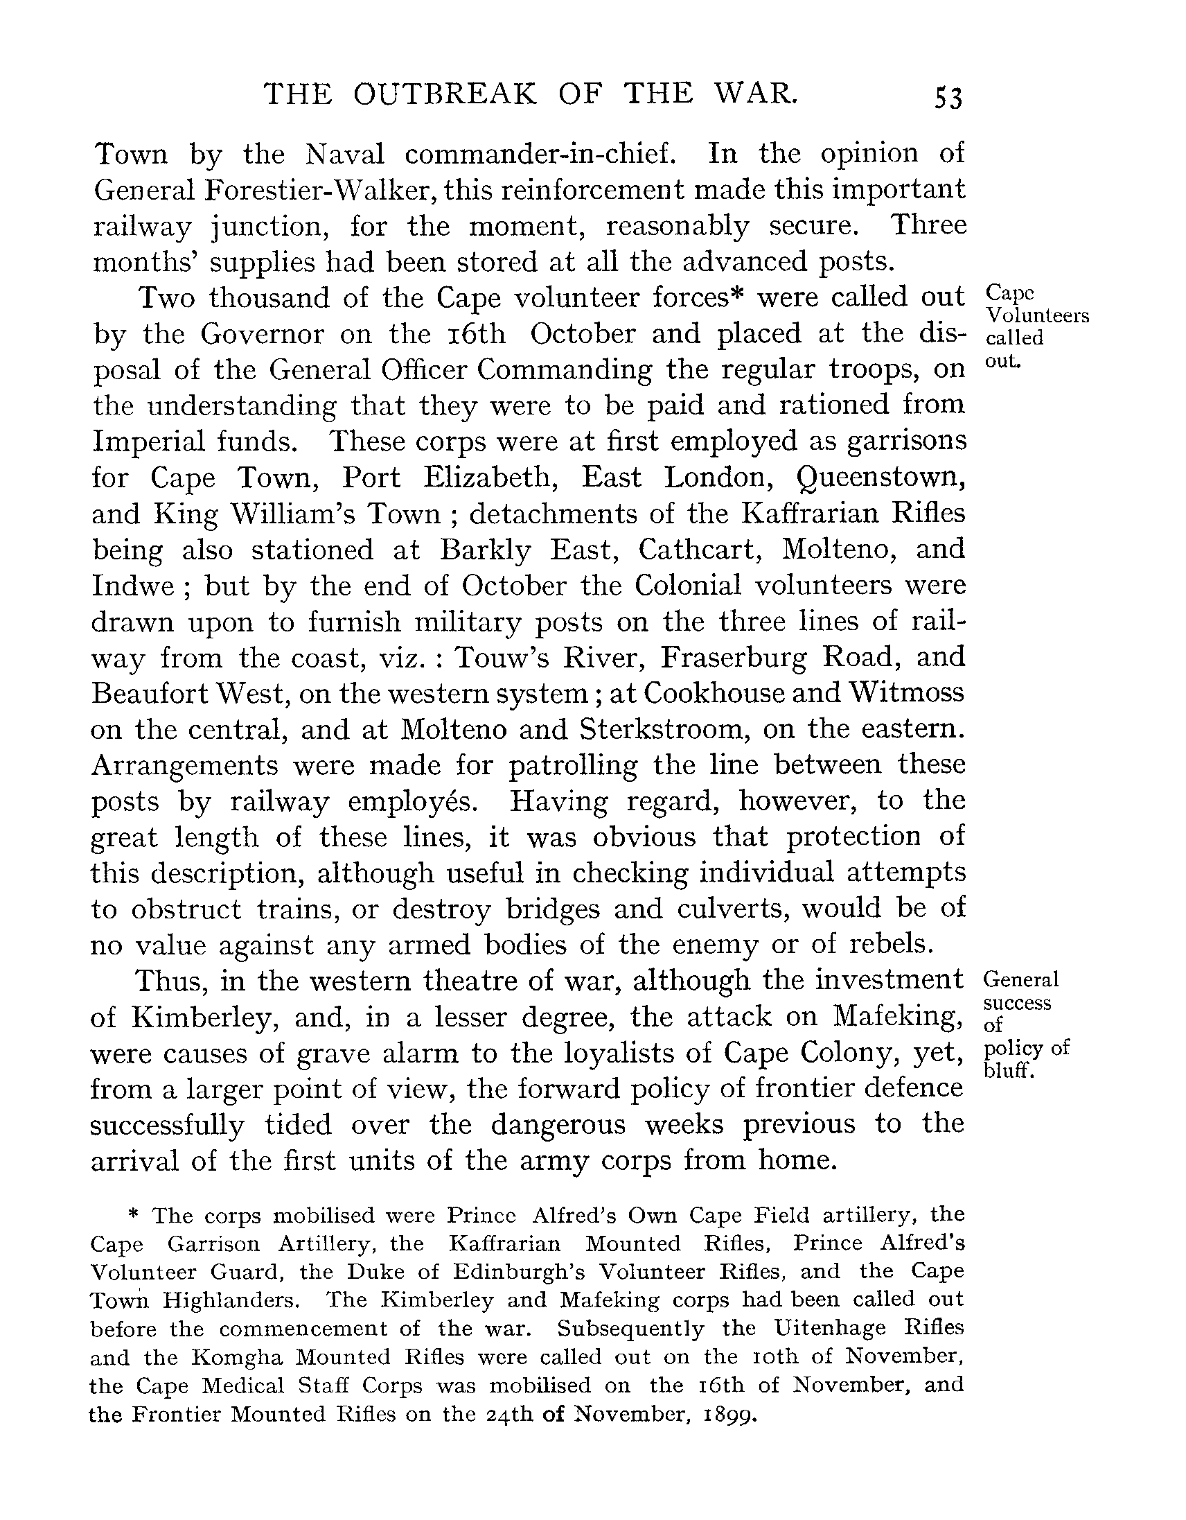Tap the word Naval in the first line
tap(344, 154)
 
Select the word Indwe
tap(132, 586)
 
